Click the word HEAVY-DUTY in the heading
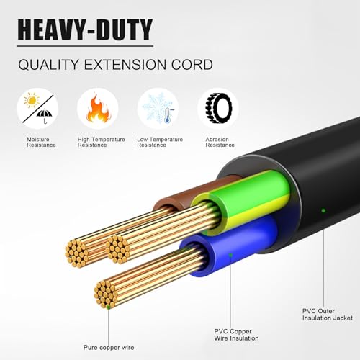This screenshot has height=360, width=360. [x=85, y=30]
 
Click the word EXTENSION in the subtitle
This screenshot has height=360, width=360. [x=125, y=65]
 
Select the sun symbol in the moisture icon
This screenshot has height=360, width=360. [x=32, y=100]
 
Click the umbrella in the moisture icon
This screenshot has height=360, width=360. [x=45, y=115]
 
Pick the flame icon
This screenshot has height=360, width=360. [x=98, y=109]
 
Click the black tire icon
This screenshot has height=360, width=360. [x=218, y=109]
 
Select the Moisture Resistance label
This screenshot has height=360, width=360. [x=41, y=142]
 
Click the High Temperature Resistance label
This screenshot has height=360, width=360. [x=101, y=142]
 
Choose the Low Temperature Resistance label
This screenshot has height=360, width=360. [x=160, y=142]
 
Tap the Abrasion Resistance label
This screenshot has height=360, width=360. [x=220, y=142]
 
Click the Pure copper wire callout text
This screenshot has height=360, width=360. [x=109, y=347]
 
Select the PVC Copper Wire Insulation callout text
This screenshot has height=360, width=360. [x=236, y=335]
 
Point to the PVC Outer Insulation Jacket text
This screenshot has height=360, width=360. [x=328, y=315]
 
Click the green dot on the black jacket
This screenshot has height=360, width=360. [x=323, y=211]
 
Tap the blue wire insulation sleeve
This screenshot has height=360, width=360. [x=230, y=247]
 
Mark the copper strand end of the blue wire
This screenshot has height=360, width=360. [x=106, y=294]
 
